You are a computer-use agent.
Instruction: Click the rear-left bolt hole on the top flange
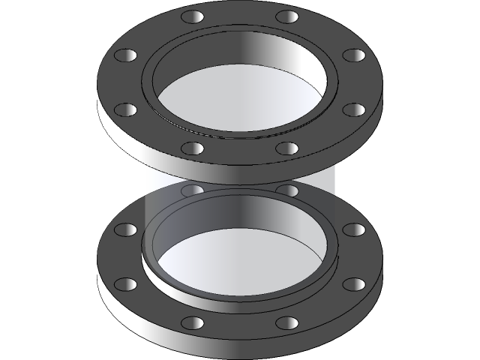193,16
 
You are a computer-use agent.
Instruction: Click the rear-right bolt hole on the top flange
287,16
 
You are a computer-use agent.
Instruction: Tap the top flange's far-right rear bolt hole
353,55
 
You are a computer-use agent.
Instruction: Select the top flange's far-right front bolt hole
353,110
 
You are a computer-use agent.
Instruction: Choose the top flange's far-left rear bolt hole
127,55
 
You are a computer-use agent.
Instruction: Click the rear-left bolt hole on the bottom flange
193,190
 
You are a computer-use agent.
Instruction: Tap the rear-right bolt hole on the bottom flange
287,190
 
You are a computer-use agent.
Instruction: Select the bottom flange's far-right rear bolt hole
353,229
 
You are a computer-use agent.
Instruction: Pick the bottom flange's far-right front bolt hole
353,284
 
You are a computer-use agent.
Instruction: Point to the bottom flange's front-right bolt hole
287,322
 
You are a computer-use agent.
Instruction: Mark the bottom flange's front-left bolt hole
193,322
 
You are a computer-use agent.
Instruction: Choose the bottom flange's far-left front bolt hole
127,284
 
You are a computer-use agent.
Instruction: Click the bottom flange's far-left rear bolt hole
127,229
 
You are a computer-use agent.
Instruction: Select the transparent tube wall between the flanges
161,176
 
